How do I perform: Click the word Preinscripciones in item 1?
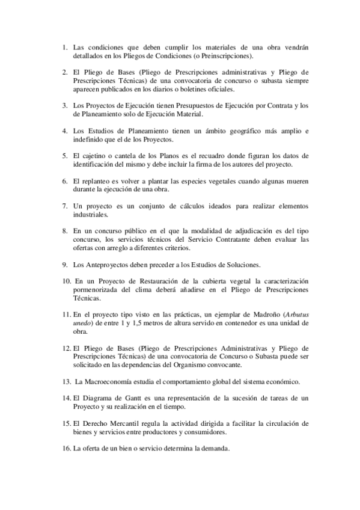point(221,56)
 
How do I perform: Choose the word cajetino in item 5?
point(96,156)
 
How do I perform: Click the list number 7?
point(65,206)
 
